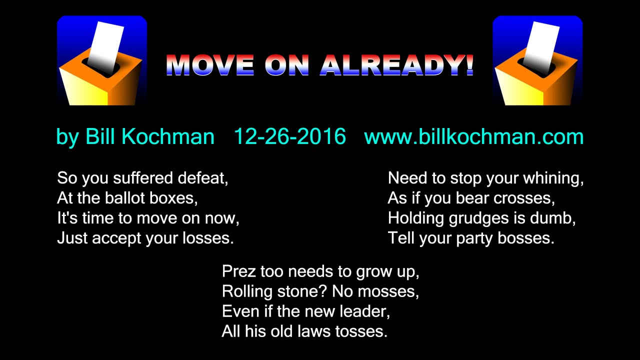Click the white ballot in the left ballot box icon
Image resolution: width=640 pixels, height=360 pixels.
click(x=105, y=45)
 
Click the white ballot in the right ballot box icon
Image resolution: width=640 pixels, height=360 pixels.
click(x=541, y=45)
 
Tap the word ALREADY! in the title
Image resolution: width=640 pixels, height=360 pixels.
click(x=397, y=65)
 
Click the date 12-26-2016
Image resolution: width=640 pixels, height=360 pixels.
click(x=289, y=136)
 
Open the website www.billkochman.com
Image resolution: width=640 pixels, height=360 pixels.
click(x=473, y=136)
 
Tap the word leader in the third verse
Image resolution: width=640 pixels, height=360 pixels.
click(x=363, y=311)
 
